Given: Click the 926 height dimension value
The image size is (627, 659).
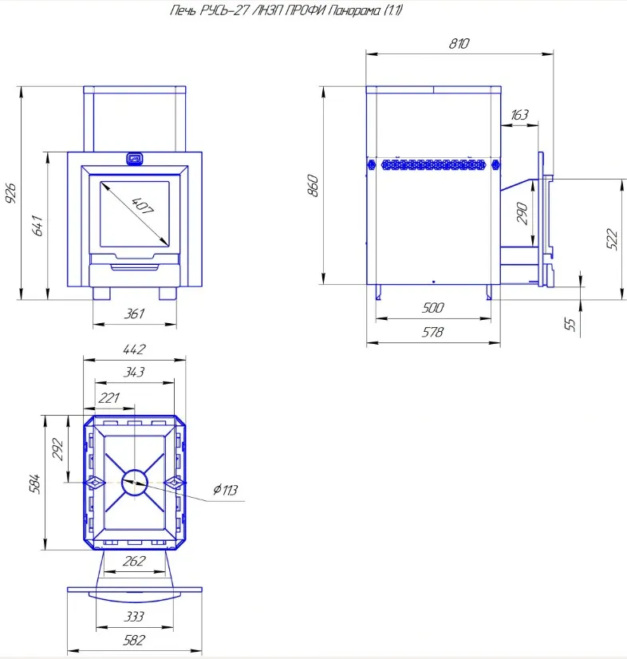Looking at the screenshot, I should click(x=11, y=194).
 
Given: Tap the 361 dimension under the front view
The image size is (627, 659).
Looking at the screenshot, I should click(x=135, y=314).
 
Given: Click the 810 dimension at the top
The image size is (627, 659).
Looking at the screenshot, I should click(x=459, y=45).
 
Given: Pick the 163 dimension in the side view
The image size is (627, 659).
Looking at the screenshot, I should click(x=519, y=115).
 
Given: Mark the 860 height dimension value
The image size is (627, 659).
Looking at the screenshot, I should click(x=313, y=185).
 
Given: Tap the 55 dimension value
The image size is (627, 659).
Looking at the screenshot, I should click(x=570, y=324).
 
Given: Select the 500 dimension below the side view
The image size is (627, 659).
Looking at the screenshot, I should click(x=432, y=308).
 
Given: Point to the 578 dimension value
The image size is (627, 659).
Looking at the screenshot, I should click(x=432, y=332).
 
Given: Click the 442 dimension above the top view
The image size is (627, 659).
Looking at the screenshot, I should click(x=135, y=349).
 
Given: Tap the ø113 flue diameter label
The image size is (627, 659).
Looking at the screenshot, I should click(x=226, y=490).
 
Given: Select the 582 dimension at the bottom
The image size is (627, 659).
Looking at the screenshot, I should click(x=135, y=641).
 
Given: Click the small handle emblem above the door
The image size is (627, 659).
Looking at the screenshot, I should click(x=134, y=158).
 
